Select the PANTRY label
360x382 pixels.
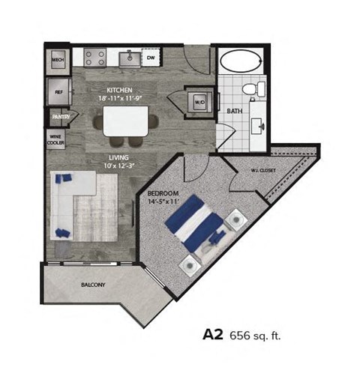point(57,118)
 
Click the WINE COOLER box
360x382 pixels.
point(56,140)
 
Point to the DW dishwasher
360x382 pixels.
point(151,57)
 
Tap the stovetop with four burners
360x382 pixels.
point(97,56)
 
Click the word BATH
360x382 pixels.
point(234,112)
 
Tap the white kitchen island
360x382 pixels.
point(124,120)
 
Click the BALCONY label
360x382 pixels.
point(93,285)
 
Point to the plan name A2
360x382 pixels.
point(214,335)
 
